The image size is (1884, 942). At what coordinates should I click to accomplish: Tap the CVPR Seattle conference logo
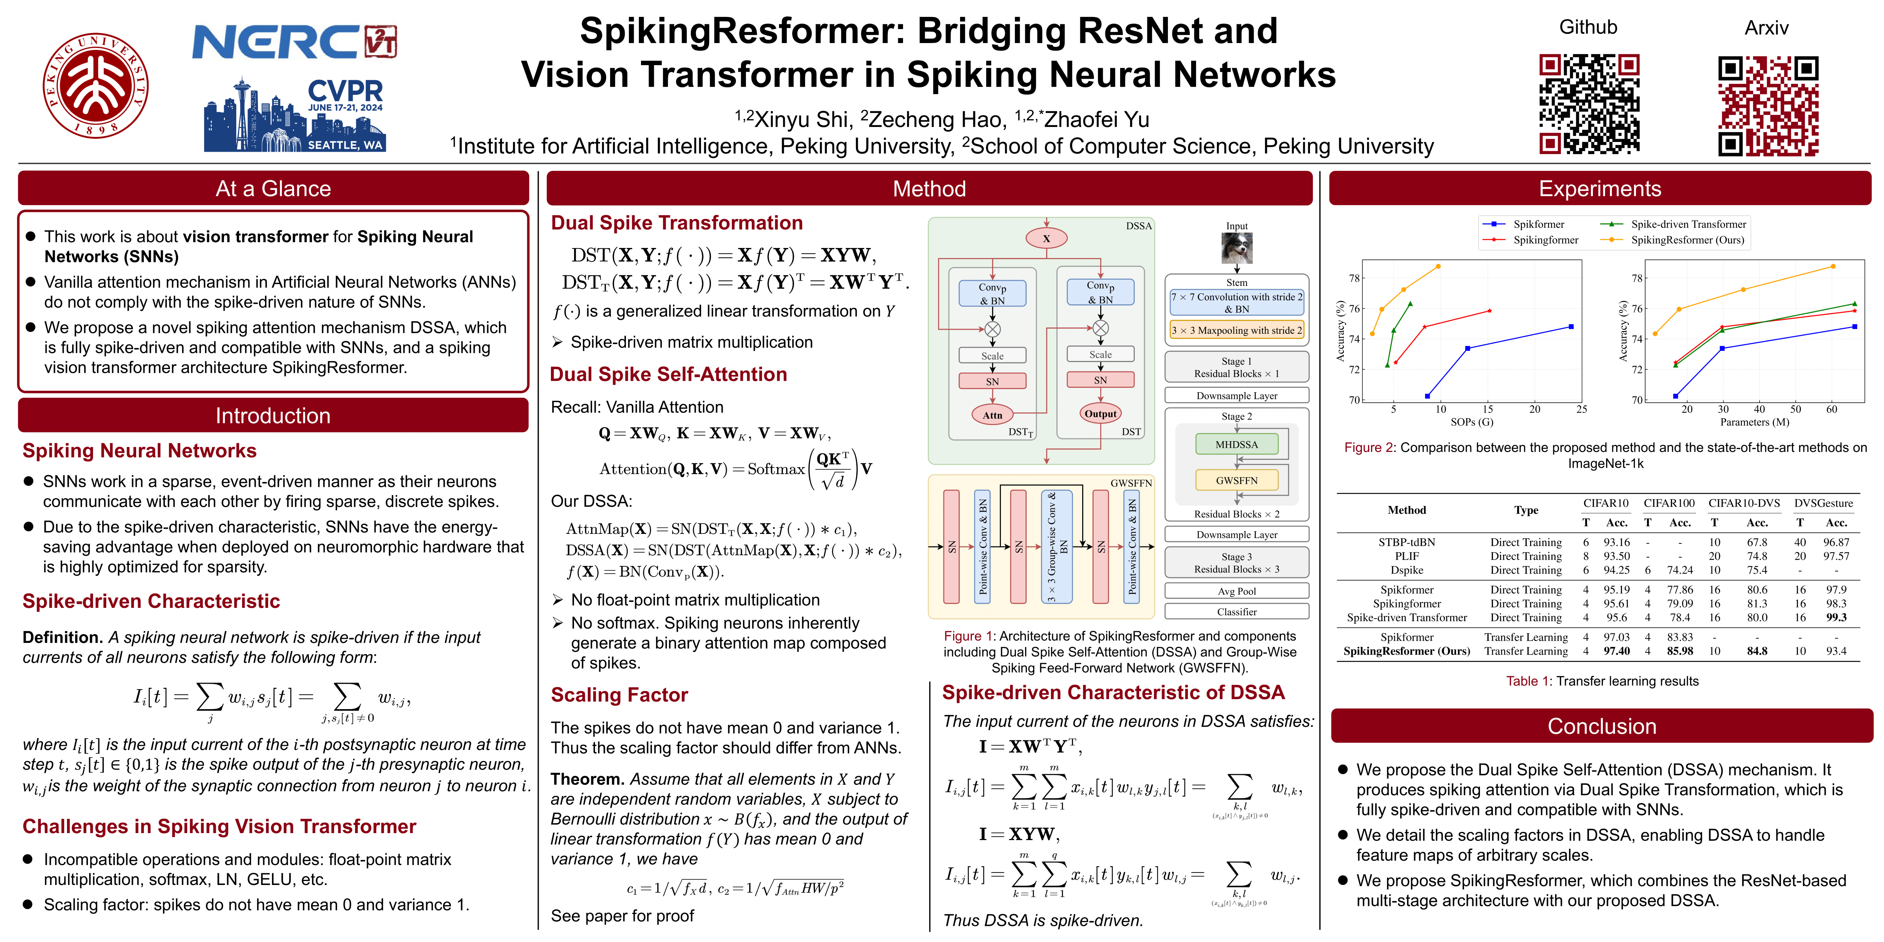tap(295, 113)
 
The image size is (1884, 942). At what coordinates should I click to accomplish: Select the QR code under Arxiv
tap(1768, 106)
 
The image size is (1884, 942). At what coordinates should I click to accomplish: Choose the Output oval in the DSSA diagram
tap(1100, 413)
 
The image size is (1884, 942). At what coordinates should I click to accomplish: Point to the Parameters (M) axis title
tap(1754, 422)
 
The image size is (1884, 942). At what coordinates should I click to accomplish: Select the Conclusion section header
tap(1601, 726)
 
